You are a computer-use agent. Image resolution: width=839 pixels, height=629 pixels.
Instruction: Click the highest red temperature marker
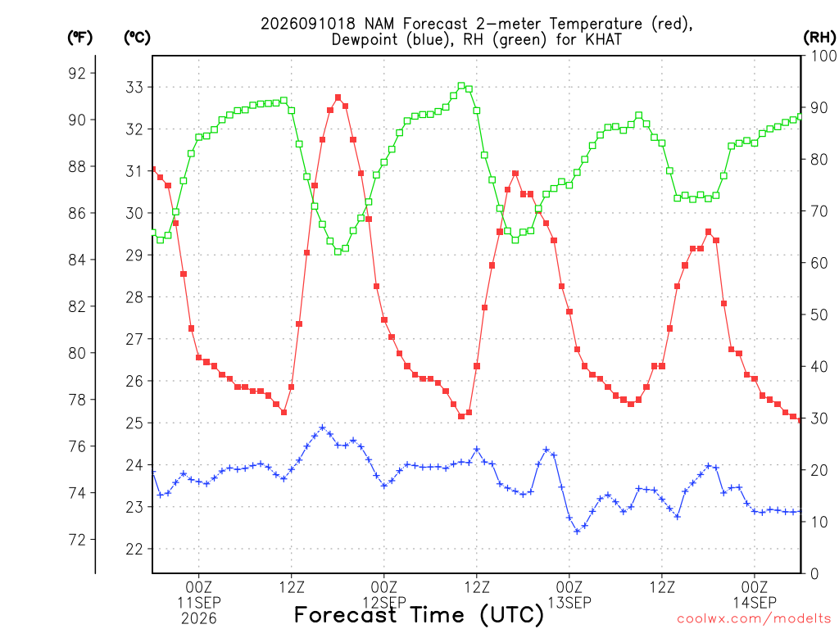click(338, 97)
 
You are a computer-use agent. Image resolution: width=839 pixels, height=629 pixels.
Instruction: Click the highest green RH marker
click(461, 85)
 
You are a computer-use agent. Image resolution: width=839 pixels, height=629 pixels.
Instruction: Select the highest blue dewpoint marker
click(322, 428)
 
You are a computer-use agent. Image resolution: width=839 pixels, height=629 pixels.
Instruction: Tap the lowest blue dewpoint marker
click(577, 531)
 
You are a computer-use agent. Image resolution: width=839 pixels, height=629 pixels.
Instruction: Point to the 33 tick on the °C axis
click(134, 87)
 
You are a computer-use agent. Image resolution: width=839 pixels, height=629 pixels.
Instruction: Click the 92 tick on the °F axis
click(77, 73)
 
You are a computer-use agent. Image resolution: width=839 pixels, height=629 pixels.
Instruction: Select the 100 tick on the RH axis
click(823, 56)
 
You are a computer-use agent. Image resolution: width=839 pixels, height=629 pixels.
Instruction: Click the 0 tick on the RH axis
click(814, 574)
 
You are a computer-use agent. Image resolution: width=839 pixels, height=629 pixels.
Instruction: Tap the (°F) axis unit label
click(79, 38)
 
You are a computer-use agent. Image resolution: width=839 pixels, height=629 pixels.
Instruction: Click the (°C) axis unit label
click(137, 38)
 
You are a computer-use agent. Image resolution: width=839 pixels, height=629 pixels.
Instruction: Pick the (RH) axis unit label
click(819, 38)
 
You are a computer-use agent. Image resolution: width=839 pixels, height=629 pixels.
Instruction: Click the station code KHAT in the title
click(604, 39)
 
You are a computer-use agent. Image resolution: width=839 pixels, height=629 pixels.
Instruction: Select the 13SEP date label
click(569, 603)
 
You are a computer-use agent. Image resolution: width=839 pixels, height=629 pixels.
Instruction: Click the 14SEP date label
click(755, 603)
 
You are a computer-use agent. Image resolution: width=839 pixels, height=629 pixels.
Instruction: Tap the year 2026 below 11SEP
click(199, 619)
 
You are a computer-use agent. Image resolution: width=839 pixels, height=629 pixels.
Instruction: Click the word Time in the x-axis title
click(437, 614)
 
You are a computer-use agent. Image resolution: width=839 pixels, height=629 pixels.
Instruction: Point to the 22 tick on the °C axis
click(134, 550)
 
